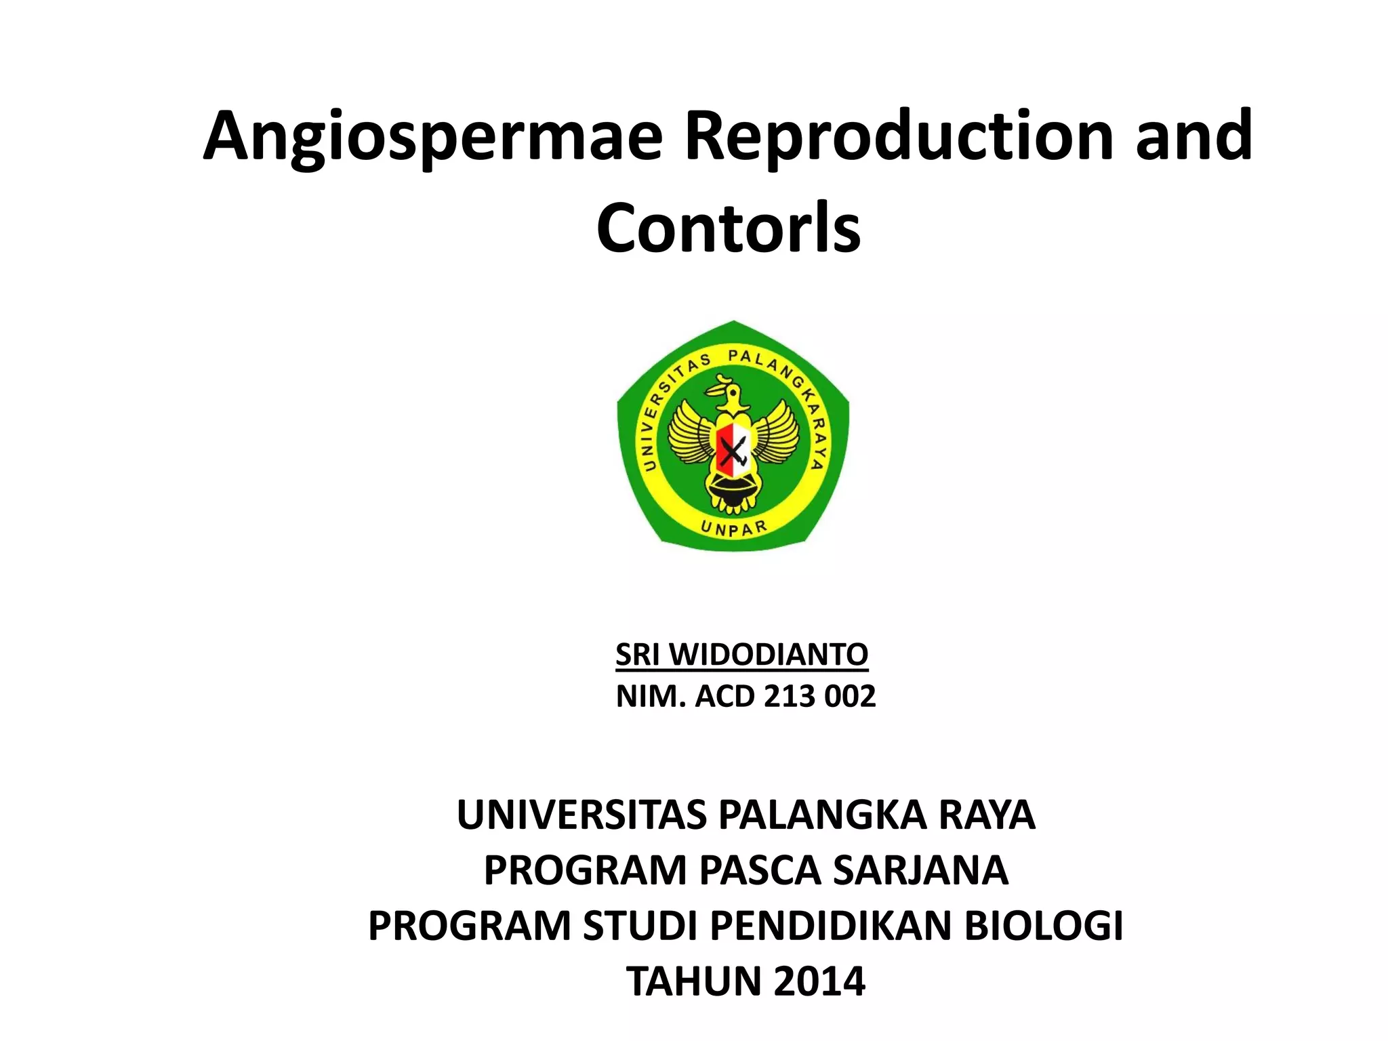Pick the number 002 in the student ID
click(x=850, y=696)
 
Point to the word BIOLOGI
click(x=1044, y=926)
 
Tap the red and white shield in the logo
click(x=733, y=448)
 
